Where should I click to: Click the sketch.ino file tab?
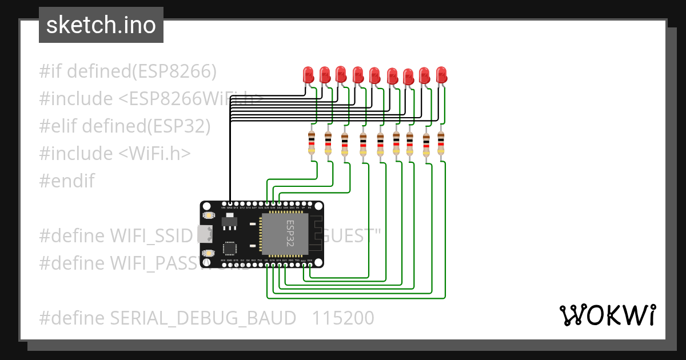[101, 25]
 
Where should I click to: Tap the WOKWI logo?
[607, 315]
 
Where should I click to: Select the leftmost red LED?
[308, 74]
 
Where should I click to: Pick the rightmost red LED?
[441, 75]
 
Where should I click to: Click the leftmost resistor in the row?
[312, 142]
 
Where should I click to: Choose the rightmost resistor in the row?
[441, 143]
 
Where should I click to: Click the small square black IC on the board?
[229, 248]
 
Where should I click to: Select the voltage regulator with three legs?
[230, 219]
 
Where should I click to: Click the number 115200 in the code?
[343, 318]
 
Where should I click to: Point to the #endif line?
[67, 181]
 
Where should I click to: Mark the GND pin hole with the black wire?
[230, 204]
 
